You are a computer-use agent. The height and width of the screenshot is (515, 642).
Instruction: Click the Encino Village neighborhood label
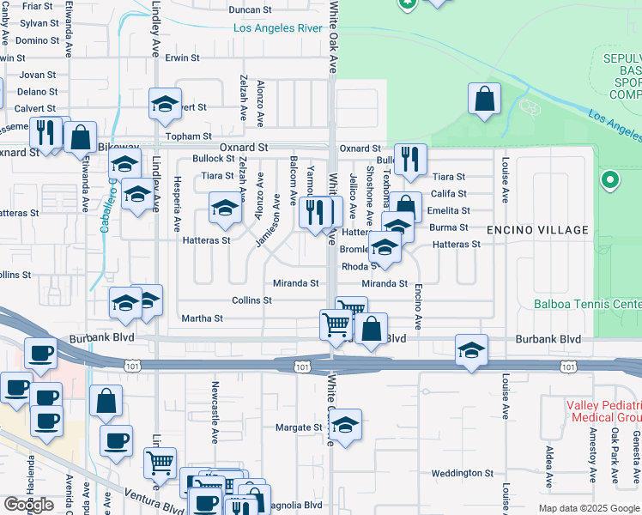point(537,230)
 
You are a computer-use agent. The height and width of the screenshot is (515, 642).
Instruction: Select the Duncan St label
point(251,11)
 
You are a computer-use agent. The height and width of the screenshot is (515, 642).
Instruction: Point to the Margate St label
point(298,427)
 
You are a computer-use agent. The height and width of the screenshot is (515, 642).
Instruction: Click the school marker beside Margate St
point(345,425)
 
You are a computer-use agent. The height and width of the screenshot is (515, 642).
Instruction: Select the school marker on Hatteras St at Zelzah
point(226,209)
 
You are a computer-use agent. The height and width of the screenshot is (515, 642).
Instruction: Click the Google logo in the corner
point(28,505)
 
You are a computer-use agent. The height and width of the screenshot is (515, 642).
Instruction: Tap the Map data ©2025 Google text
point(588,508)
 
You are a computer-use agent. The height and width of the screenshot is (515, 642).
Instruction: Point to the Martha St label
point(203,318)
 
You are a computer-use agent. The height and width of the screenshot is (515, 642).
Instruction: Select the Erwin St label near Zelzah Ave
point(183,58)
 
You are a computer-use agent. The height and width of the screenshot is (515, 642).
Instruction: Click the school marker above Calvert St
point(166,105)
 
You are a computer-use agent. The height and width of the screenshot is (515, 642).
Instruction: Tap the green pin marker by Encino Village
point(610,180)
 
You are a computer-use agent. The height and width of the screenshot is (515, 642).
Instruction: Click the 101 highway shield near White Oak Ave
point(302,367)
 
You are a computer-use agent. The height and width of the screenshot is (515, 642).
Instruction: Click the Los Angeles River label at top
point(277,28)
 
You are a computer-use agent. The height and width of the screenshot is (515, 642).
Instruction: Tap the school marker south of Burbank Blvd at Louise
point(471,350)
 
